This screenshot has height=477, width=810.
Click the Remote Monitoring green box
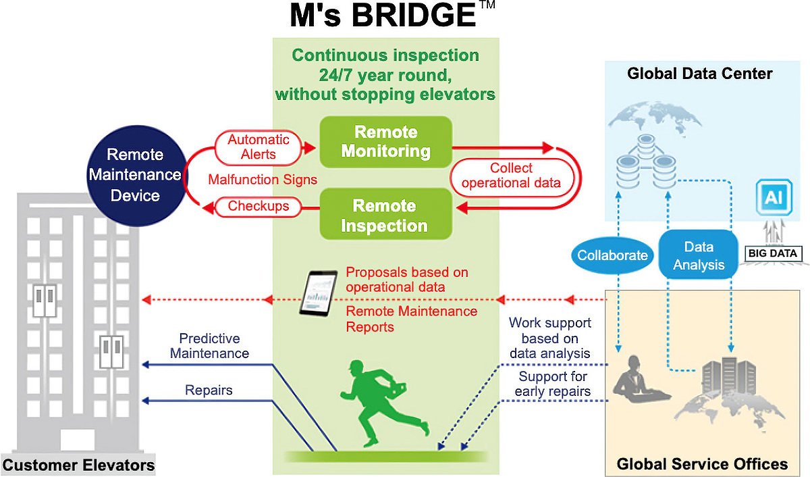pos(386,142)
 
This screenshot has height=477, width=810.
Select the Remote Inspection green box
pos(386,214)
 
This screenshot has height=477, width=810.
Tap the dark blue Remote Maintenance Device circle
pos(136,176)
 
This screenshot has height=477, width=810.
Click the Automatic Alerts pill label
pos(258,147)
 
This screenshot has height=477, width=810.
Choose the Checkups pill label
pos(258,206)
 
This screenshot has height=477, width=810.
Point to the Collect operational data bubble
pos(512,176)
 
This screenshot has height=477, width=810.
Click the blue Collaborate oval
pos(612,255)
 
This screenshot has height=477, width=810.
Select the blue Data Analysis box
pos(698,255)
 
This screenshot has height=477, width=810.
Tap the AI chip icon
pos(774,197)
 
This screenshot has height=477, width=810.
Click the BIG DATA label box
pos(773,253)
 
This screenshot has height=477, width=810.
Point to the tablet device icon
pos(318,293)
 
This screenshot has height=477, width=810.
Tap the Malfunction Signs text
pos(263,180)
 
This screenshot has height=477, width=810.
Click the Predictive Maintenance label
pos(209,346)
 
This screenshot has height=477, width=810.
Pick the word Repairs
pos(209,390)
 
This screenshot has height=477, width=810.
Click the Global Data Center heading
pos(700,74)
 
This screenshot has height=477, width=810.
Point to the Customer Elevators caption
pos(78,465)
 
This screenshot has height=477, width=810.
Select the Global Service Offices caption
pos(702,464)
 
